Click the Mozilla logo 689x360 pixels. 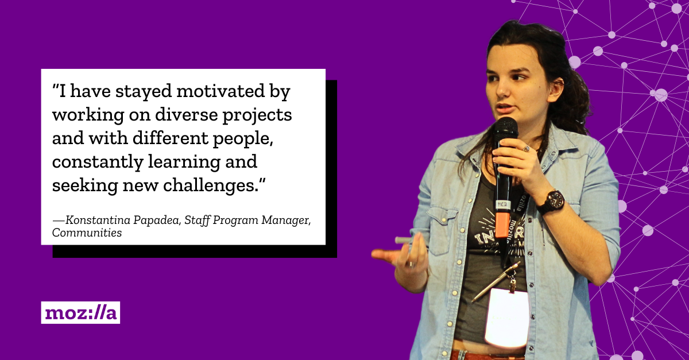(80, 312)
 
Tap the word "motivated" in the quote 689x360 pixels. (220, 91)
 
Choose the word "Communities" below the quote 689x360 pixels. (87, 233)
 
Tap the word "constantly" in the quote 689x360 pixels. (98, 161)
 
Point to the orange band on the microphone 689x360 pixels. (502, 224)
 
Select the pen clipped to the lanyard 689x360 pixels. (496, 281)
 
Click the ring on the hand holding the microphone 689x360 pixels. (527, 149)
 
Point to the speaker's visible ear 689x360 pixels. (556, 89)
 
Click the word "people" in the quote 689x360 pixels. (243, 138)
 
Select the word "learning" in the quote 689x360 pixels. (184, 162)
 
